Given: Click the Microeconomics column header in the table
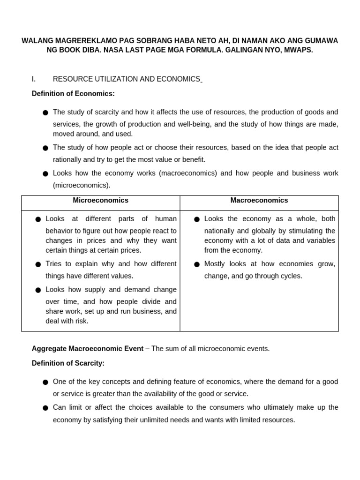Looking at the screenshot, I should coord(100,201).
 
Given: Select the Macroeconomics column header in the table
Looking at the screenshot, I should coord(259,201).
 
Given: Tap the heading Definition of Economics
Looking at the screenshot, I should coord(73,94).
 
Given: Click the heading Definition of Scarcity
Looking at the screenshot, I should coord(68,363).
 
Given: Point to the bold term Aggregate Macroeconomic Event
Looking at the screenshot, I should coord(87,349).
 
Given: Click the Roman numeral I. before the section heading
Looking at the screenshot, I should coord(34,79).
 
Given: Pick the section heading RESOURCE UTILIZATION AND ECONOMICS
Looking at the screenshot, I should coord(127,79).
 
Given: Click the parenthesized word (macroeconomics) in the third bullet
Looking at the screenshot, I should coord(188,173).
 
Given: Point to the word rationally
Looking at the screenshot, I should coord(69,160).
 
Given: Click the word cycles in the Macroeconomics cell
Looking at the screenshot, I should coord(291,276).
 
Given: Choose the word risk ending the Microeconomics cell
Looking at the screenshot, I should coord(81,321).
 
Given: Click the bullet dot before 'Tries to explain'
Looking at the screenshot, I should coord(38,265).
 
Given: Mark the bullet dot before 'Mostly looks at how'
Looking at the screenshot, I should coord(197,265).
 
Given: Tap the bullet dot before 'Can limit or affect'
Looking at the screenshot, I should coord(45,408).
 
